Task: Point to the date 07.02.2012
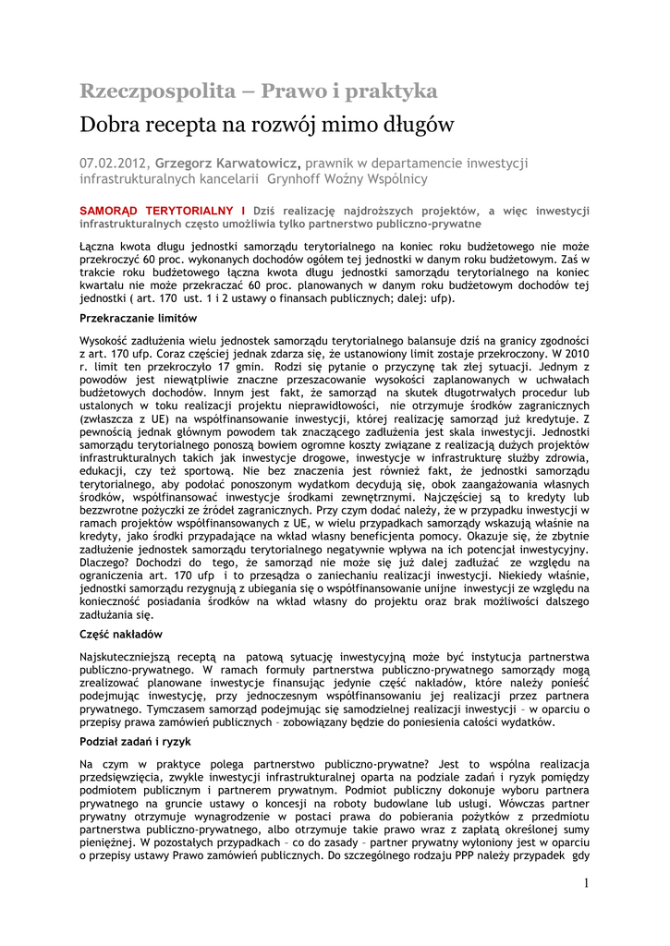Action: pos(113,163)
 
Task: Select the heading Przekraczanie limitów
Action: pos(139,318)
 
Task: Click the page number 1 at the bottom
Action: pos(586,884)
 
